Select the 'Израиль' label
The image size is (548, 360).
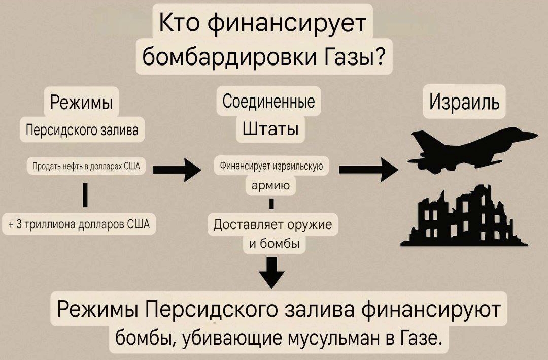point(464,102)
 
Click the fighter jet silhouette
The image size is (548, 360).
point(472,151)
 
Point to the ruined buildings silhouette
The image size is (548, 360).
point(464,217)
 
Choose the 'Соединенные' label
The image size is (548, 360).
point(268,102)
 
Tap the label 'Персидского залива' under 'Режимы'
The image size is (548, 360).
point(82,130)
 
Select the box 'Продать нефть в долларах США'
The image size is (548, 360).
point(86,166)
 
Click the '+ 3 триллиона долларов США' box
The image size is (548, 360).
point(79,224)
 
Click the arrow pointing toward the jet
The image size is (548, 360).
point(369,170)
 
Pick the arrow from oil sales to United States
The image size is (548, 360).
point(177,170)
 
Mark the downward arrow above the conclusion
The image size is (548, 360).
point(271,273)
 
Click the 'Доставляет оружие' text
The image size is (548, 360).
point(272,224)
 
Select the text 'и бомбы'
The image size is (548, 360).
point(274,243)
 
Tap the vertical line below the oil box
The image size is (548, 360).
point(85,194)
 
